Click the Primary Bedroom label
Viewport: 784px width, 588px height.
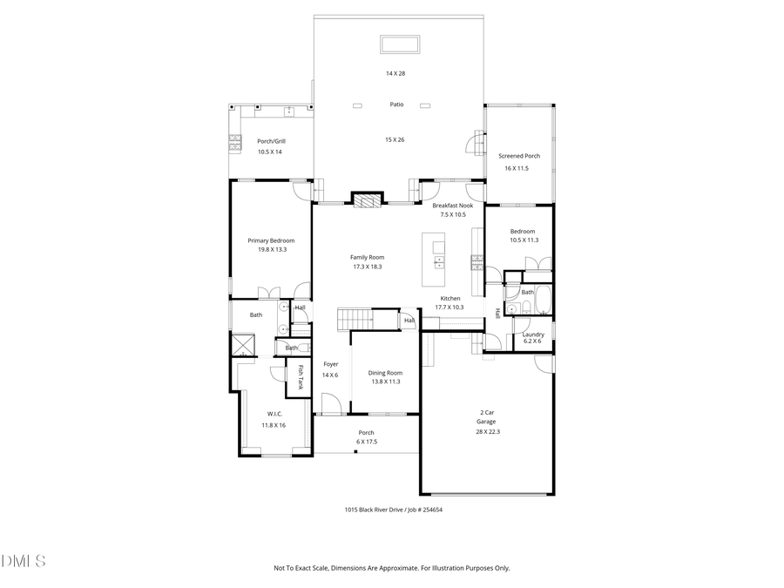[x=271, y=240]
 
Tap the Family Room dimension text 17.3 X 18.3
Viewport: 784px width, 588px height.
[x=367, y=267]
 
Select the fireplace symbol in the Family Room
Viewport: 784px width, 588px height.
[x=367, y=199]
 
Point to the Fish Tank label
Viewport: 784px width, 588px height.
[x=301, y=376]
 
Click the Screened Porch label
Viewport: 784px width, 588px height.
[x=519, y=156]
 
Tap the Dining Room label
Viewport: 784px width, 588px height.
[x=384, y=373]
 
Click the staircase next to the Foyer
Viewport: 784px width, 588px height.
[x=355, y=319]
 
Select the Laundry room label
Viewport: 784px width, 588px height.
[x=533, y=334]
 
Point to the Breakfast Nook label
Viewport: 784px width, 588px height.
[x=453, y=205]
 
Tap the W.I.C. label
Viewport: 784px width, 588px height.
[x=273, y=414]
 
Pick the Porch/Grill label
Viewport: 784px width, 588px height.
[x=271, y=141]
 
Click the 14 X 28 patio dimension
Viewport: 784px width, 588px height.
[x=395, y=73]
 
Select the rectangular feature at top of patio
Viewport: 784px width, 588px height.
[x=400, y=44]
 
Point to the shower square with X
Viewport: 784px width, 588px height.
[x=242, y=345]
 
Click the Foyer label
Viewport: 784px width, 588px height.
[x=330, y=364]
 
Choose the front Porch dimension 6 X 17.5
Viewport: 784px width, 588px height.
[x=366, y=442]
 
